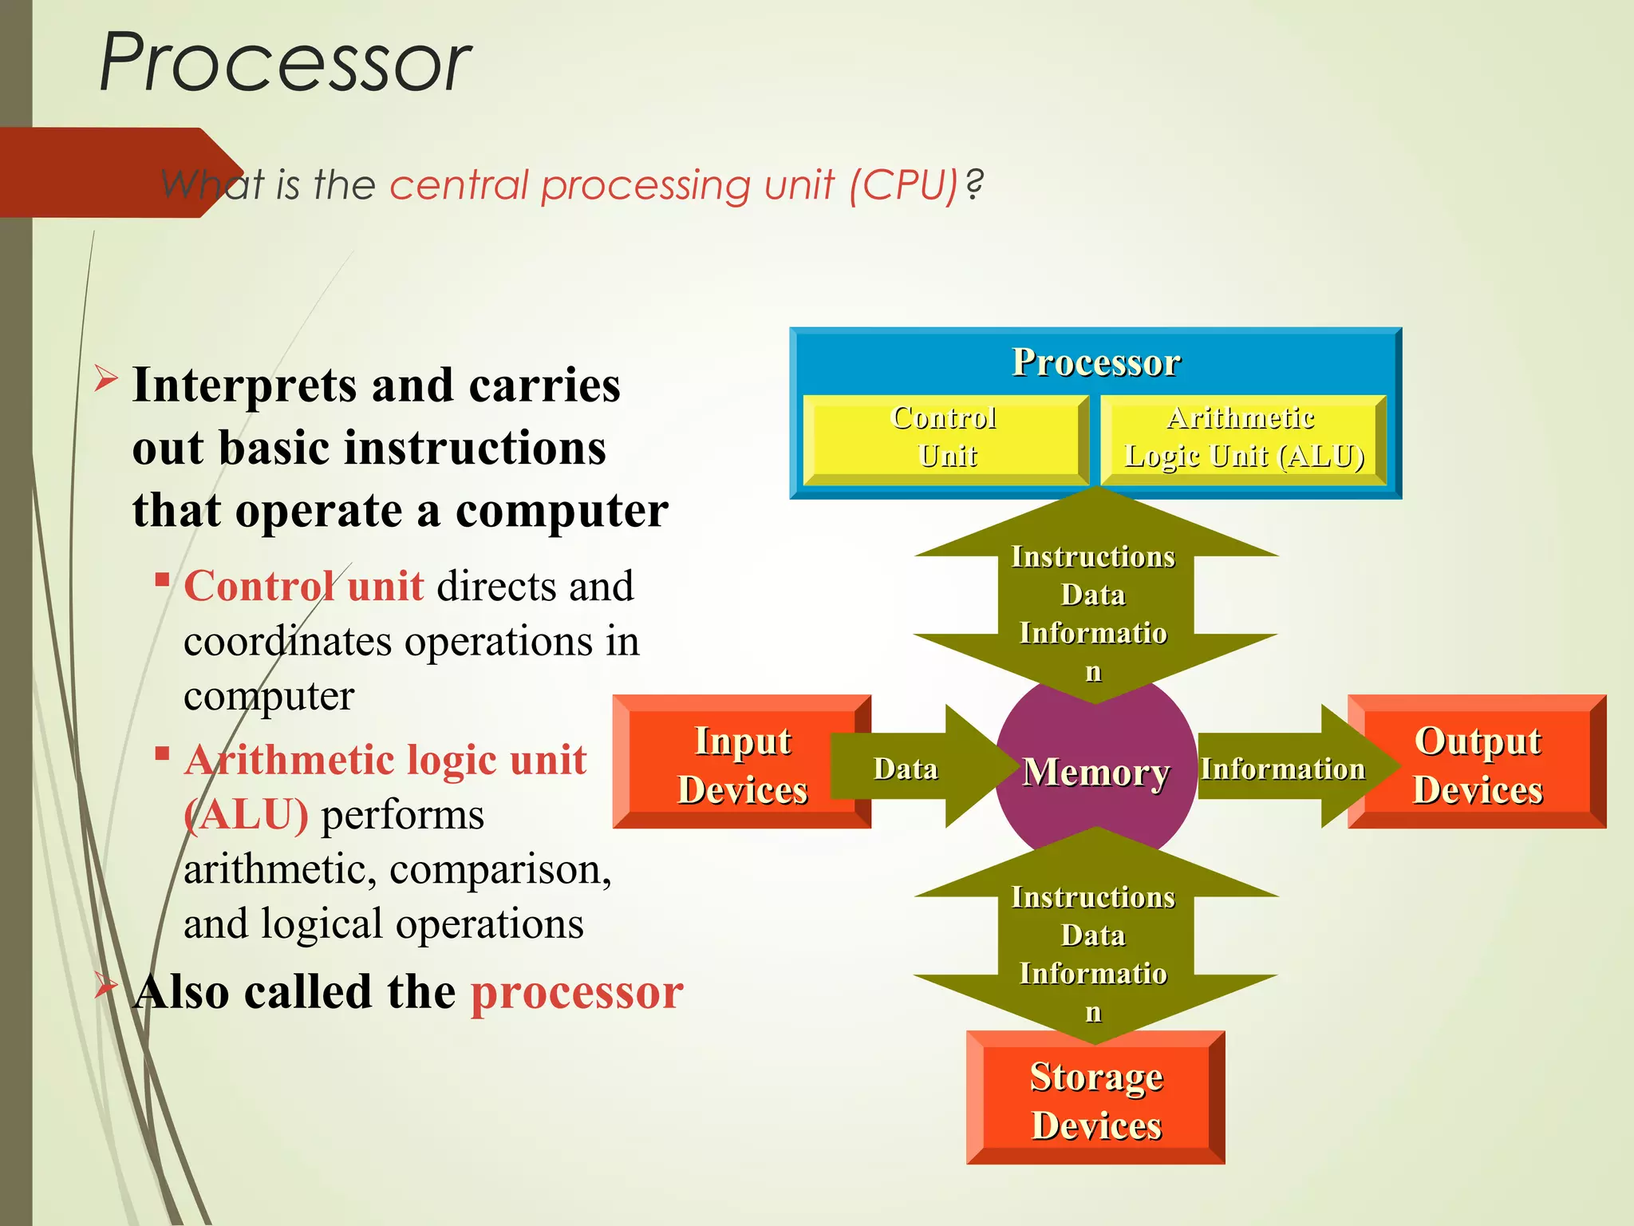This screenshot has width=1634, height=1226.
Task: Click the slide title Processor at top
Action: [x=285, y=62]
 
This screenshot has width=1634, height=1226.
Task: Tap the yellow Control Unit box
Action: [x=945, y=438]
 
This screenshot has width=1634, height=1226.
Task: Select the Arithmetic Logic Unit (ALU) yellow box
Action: [x=1243, y=438]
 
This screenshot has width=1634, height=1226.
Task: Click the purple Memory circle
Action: [x=1095, y=772]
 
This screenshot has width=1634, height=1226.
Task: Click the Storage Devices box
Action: [x=1095, y=1100]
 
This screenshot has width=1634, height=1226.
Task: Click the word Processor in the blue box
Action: [x=1095, y=362]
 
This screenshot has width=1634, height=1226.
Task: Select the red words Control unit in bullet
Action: [x=303, y=587]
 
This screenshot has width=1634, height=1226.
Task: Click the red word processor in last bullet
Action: [x=577, y=992]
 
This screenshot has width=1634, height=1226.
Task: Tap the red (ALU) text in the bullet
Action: [x=246, y=815]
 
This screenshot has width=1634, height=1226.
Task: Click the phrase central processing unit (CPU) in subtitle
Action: [x=673, y=185]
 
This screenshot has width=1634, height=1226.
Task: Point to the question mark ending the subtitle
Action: [x=974, y=185]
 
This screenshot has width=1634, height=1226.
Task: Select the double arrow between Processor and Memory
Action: [x=1095, y=595]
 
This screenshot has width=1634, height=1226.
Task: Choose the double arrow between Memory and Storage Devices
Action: [x=1095, y=935]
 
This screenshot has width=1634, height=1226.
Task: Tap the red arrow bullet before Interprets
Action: [x=106, y=378]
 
